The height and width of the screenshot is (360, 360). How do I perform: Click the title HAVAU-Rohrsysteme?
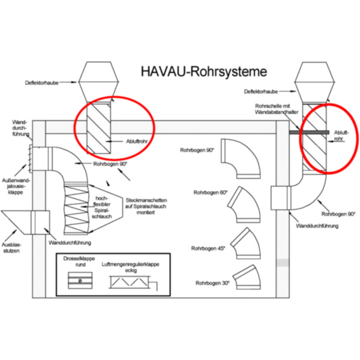[203, 71]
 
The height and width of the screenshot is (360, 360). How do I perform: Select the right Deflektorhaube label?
[261, 92]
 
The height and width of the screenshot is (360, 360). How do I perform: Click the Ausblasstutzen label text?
[13, 247]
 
